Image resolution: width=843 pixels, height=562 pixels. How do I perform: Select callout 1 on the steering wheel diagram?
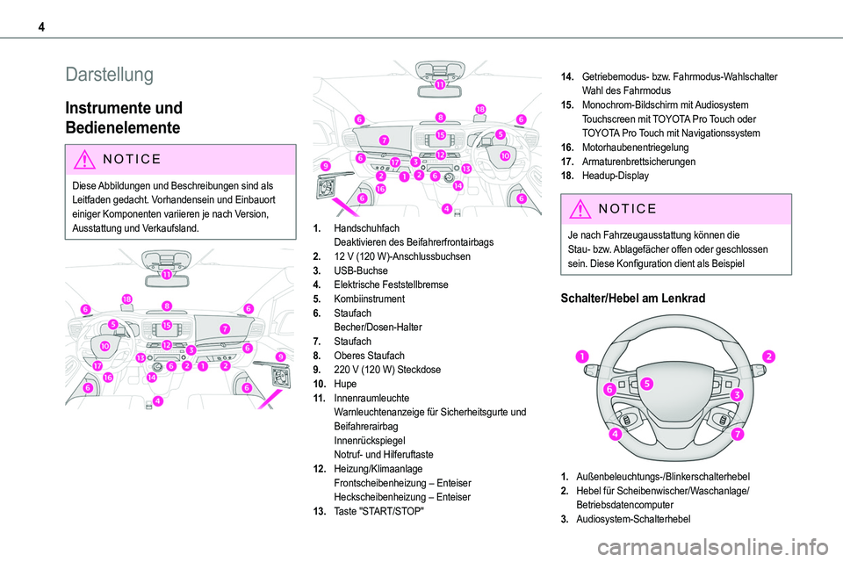click(x=582, y=356)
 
